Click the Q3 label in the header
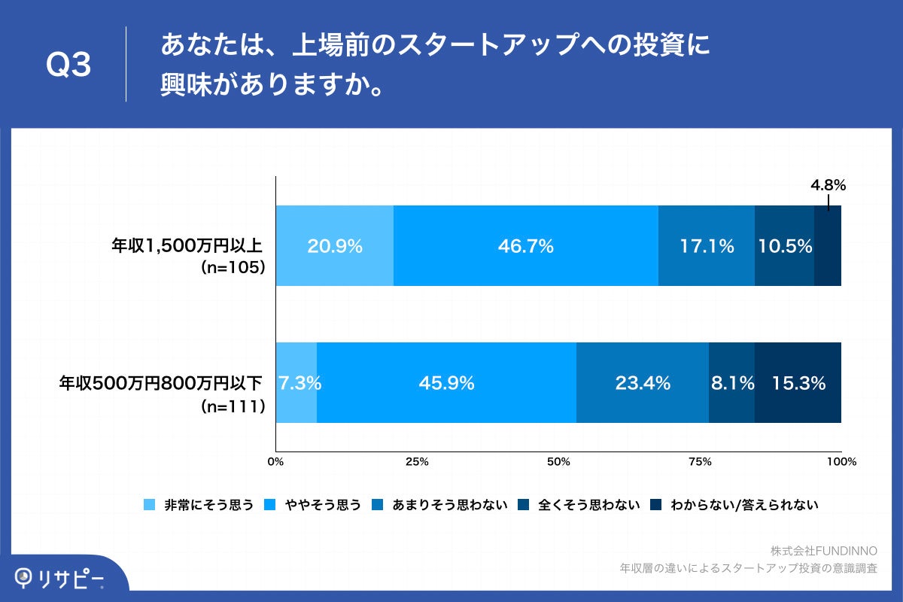point(68,65)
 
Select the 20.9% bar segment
point(335,246)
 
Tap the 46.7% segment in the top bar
point(525,246)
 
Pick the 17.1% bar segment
point(706,246)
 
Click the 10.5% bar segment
point(784,246)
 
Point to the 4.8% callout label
point(828,184)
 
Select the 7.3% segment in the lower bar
point(297,383)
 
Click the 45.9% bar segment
point(446,383)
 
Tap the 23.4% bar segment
point(642,383)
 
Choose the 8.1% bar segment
point(731,383)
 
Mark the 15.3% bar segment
point(798,383)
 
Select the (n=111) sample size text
point(234,406)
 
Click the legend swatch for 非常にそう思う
point(149,505)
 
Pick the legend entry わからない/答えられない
point(743,505)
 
